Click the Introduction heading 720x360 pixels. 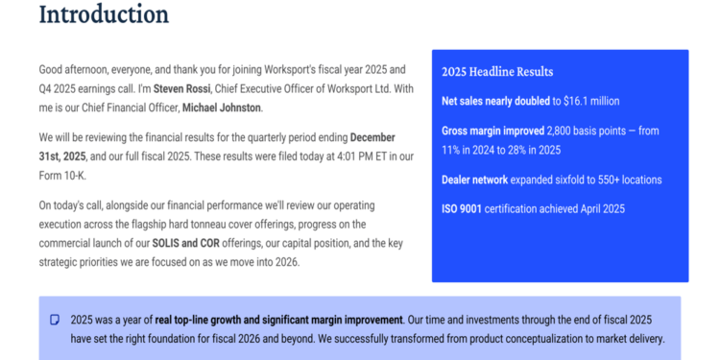[x=104, y=14]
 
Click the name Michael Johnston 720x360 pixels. [x=222, y=108]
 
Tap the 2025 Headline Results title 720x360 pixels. [x=496, y=72]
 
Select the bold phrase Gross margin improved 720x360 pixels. [x=492, y=131]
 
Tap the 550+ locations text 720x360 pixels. [x=628, y=180]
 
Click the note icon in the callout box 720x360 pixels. [x=55, y=320]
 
